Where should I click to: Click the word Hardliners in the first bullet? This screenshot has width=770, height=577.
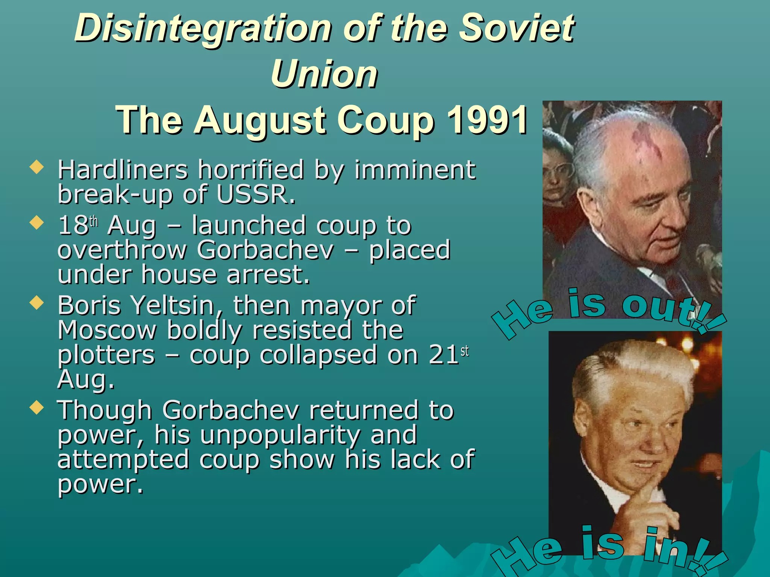(123, 170)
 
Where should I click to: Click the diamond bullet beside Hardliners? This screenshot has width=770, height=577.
(36, 167)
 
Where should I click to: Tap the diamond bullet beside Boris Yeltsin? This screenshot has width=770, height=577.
(36, 302)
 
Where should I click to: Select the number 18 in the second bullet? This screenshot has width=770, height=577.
(73, 225)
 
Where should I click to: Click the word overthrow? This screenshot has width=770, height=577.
(122, 250)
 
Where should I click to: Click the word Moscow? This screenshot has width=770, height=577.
(107, 330)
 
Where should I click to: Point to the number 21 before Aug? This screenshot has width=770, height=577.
(443, 355)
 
